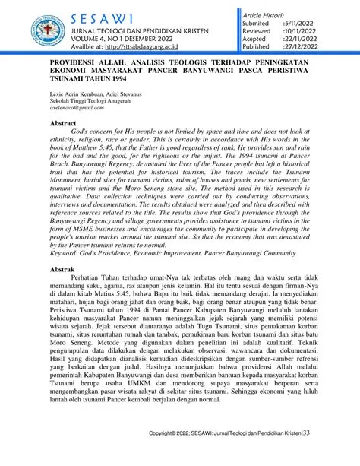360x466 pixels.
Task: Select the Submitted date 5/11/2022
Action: (323, 24)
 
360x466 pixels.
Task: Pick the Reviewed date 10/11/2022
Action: (324, 31)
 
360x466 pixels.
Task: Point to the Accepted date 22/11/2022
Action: (324, 40)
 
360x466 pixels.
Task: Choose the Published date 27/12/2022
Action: (324, 47)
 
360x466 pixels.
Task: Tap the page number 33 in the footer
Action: (306, 455)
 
